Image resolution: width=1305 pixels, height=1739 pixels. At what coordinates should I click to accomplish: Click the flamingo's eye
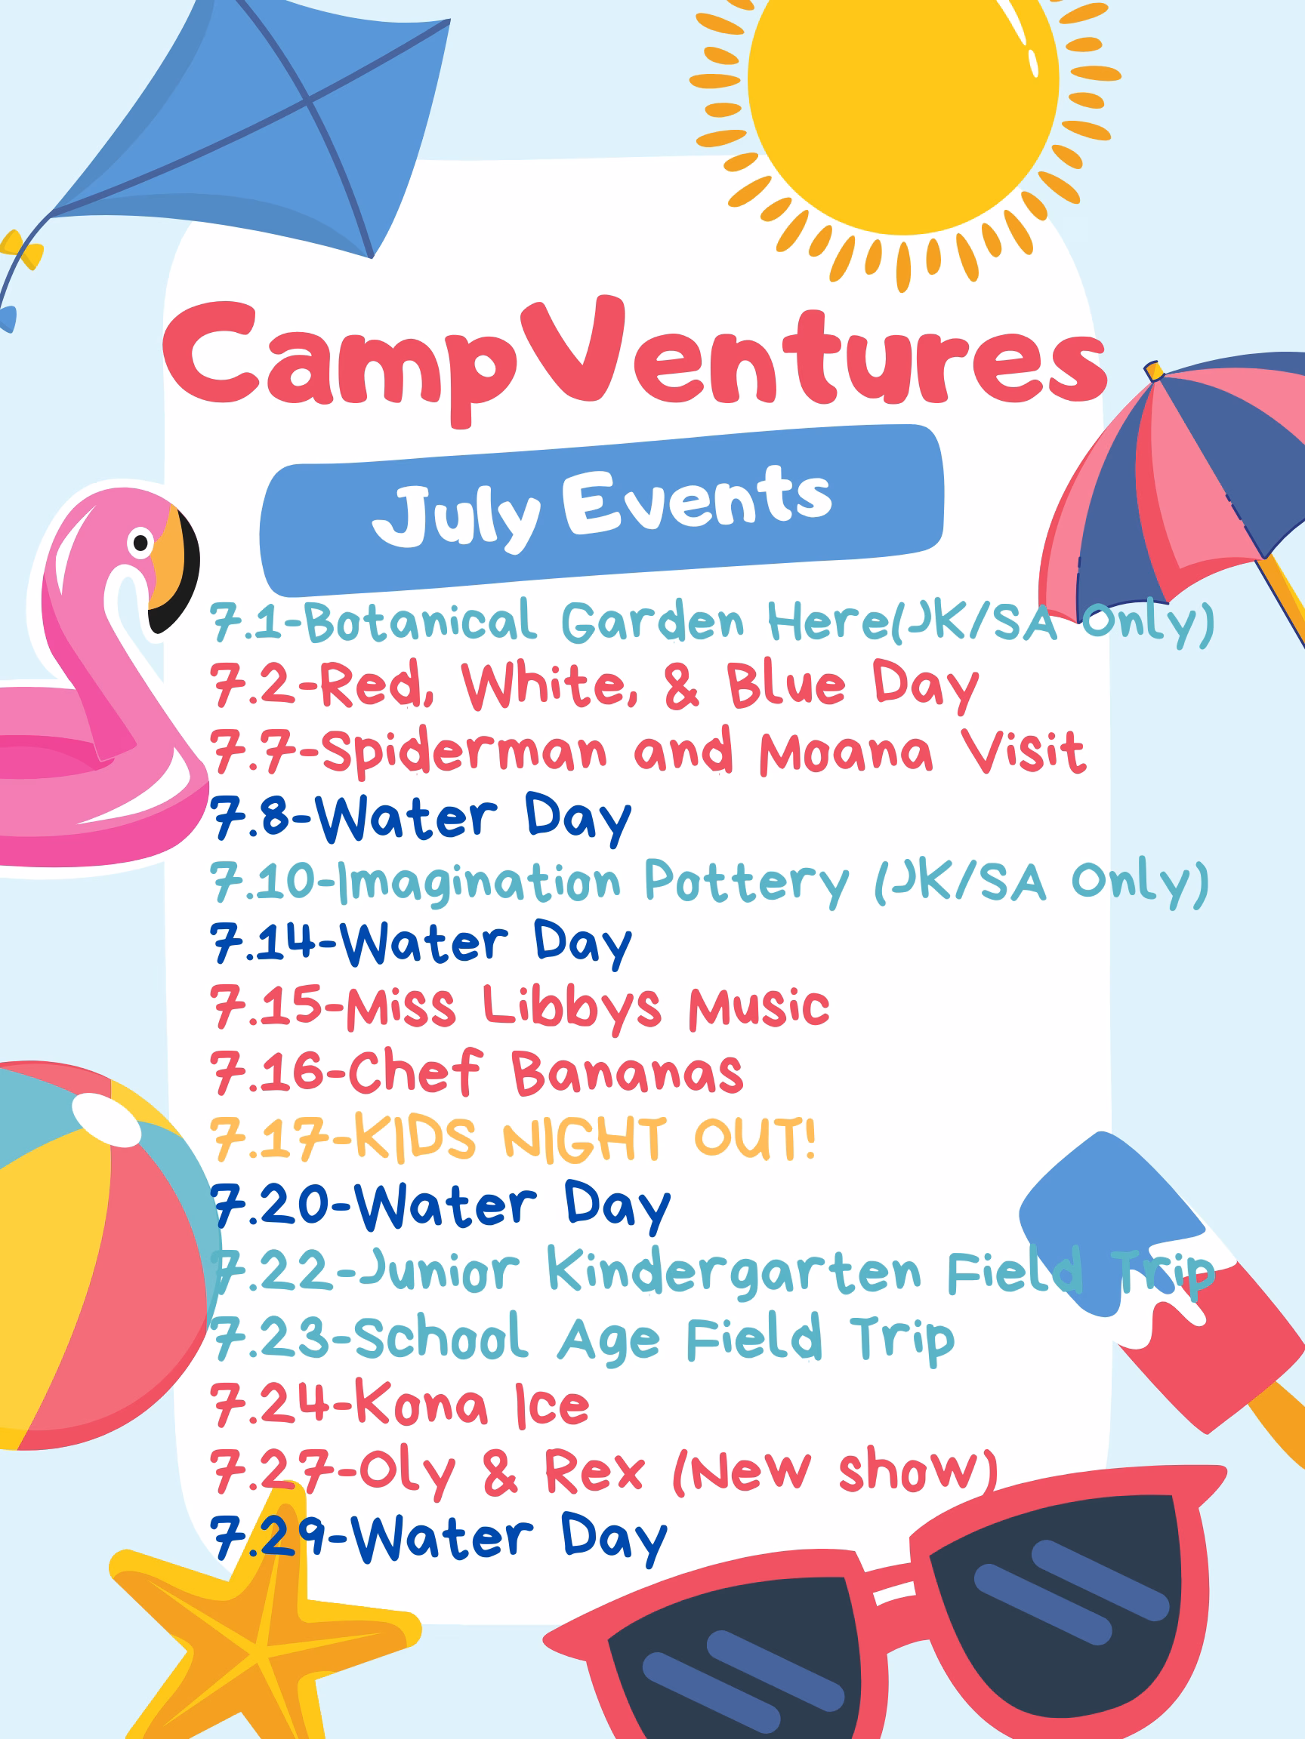140,543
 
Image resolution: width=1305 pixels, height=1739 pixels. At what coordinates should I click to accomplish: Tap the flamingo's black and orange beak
174,569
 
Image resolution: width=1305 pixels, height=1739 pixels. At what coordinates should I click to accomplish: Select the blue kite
251,126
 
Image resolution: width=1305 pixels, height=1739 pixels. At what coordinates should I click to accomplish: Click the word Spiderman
464,752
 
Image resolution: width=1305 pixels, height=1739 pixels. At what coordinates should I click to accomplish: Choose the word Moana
846,752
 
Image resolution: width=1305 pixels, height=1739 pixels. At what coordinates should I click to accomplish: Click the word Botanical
421,622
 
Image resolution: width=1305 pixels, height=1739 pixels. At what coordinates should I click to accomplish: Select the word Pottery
746,882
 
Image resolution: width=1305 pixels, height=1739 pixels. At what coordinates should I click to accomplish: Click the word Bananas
627,1073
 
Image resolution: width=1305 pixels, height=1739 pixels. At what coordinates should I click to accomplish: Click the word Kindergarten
734,1272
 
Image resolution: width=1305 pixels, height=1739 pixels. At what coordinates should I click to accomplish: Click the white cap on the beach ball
106,1119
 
